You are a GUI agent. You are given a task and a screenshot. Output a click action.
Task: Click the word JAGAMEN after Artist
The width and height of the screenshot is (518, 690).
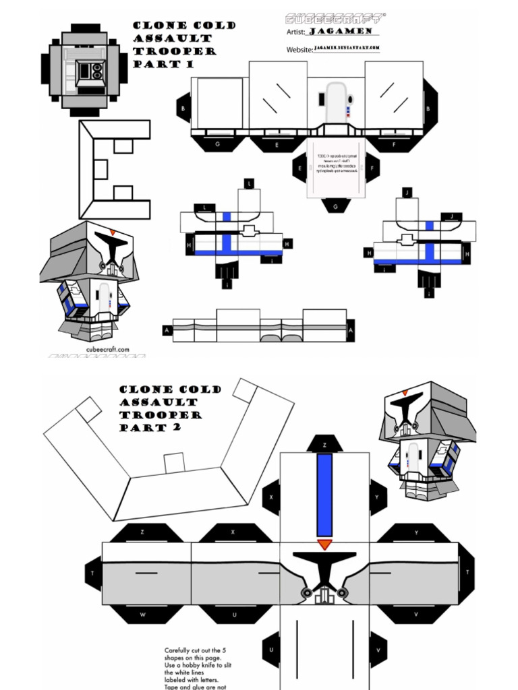[343, 31]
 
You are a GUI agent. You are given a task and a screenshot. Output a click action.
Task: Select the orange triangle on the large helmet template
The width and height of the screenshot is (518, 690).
[325, 544]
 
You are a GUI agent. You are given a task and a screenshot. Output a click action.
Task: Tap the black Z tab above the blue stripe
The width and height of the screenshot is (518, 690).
[324, 445]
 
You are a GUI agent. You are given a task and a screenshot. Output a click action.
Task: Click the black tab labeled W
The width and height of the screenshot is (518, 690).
[142, 615]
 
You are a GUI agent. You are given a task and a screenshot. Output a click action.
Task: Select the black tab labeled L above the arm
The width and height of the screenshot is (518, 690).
[204, 208]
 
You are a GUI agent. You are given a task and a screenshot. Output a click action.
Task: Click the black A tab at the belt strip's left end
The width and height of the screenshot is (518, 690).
[167, 330]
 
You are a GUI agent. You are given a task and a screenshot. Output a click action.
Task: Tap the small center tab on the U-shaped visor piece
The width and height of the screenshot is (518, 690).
[174, 462]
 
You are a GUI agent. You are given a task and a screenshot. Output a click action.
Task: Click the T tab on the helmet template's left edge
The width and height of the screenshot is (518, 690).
[93, 571]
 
